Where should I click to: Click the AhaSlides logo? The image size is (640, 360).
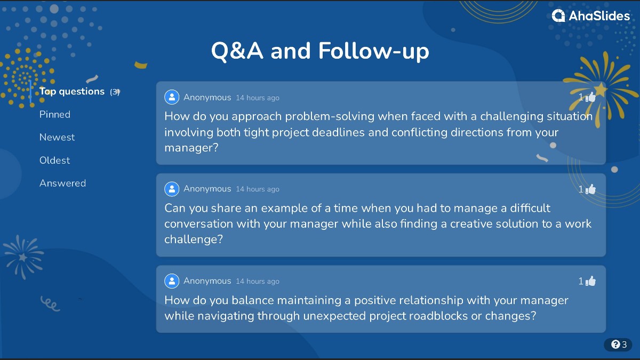(x=591, y=16)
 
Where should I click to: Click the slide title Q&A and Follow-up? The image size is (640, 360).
(x=320, y=51)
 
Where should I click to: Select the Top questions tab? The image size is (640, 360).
(x=72, y=91)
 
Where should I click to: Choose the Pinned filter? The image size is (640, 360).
(x=55, y=114)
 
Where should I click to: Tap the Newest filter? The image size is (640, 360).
(x=57, y=137)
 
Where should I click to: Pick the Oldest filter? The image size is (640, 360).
(x=55, y=160)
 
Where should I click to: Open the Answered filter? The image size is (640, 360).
(x=62, y=183)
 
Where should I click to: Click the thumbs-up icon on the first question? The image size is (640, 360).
(x=590, y=97)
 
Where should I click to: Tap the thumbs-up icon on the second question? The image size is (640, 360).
(x=590, y=189)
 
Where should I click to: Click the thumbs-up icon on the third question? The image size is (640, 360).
(x=590, y=281)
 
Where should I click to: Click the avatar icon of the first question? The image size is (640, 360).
(x=172, y=97)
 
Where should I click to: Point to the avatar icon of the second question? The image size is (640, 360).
(x=172, y=189)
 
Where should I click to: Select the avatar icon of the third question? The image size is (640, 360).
(x=172, y=281)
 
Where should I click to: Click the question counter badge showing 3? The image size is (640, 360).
(x=618, y=345)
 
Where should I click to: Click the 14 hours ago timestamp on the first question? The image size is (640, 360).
(x=258, y=98)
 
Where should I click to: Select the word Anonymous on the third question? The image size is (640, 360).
(x=207, y=281)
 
